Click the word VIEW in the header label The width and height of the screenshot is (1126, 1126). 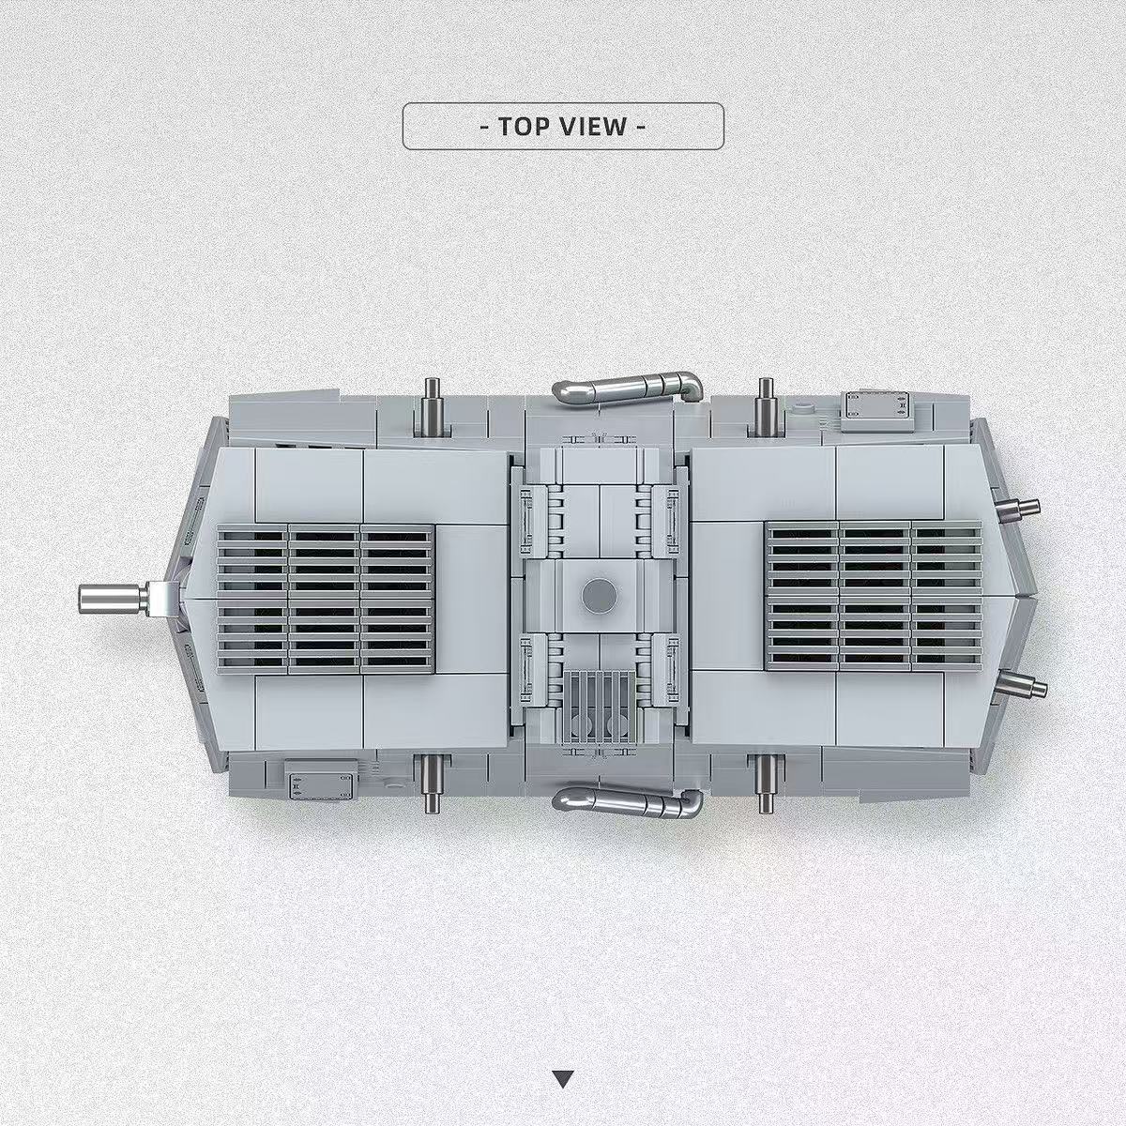tap(593, 127)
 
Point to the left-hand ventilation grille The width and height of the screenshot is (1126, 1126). tap(326, 598)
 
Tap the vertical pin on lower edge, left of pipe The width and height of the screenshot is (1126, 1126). tap(432, 784)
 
